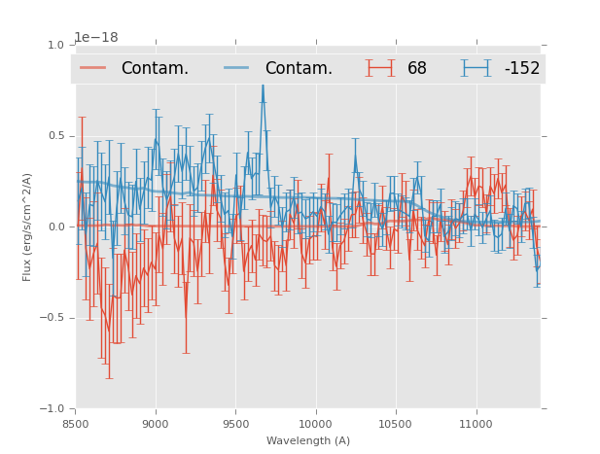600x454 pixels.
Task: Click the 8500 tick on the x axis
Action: point(75,424)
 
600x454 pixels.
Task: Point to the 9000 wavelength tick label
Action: point(156,424)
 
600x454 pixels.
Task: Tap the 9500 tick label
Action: point(235,424)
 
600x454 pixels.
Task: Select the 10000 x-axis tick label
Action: point(315,424)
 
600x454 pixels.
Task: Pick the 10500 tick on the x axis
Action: point(396,424)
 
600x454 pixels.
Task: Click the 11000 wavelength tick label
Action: point(476,424)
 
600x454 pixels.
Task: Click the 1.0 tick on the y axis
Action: point(55,45)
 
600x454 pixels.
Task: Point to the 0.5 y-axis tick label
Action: point(55,136)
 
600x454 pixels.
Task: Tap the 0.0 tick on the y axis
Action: point(55,227)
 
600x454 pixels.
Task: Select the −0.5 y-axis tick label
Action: point(53,318)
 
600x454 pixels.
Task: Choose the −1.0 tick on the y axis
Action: point(53,409)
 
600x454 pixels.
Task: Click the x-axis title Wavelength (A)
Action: point(308,440)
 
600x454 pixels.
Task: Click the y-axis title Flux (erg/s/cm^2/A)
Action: point(27,227)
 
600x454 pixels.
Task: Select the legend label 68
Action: point(417,69)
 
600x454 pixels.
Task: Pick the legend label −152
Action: point(521,69)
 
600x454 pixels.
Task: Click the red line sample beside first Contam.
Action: point(93,68)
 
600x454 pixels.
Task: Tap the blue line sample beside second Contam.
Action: point(237,68)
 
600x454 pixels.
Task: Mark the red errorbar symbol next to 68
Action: point(380,68)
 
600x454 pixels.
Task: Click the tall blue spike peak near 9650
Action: point(262,86)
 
